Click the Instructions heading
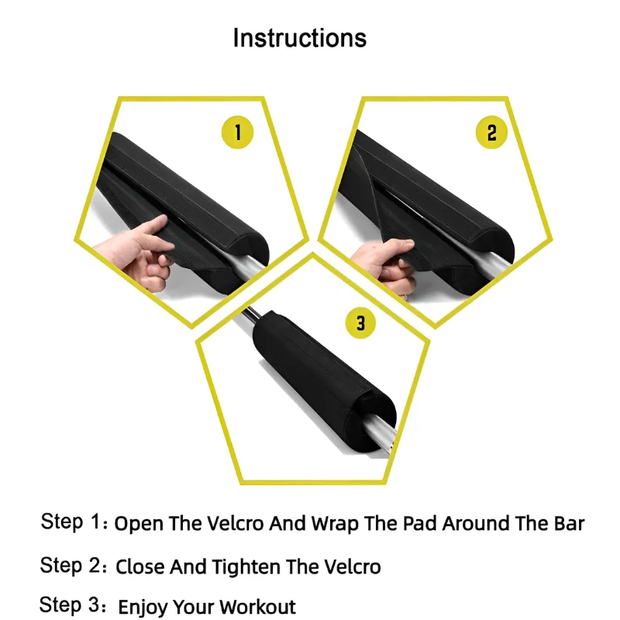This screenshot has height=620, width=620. (300, 37)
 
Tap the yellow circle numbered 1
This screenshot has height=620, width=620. (238, 133)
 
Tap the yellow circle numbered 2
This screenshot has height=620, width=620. (491, 133)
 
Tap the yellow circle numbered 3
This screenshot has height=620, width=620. (360, 322)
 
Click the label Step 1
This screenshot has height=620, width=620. (71, 522)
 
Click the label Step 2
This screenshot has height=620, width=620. (71, 566)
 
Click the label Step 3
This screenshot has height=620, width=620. (71, 605)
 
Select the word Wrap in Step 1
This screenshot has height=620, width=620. (336, 524)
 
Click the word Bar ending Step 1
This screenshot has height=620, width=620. (567, 523)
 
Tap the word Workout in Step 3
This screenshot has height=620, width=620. (258, 606)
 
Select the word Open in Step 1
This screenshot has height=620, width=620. (138, 525)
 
